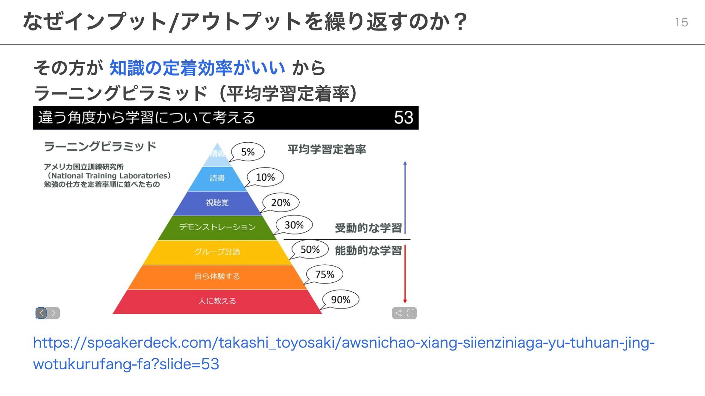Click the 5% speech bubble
tap(248, 152)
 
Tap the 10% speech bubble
tap(265, 177)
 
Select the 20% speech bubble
tap(281, 202)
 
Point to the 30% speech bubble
tap(294, 225)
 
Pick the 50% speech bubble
tap(310, 249)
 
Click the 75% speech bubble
tap(325, 274)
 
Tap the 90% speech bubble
tap(340, 300)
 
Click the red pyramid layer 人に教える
tap(217, 301)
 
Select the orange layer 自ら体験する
tap(217, 276)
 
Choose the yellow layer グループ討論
tap(217, 252)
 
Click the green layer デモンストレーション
tap(217, 227)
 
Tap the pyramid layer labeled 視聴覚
tap(217, 203)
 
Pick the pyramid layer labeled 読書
tap(217, 178)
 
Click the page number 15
tap(681, 22)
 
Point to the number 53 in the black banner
tap(404, 118)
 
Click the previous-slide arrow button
tap(41, 313)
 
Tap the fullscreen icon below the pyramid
tap(411, 313)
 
